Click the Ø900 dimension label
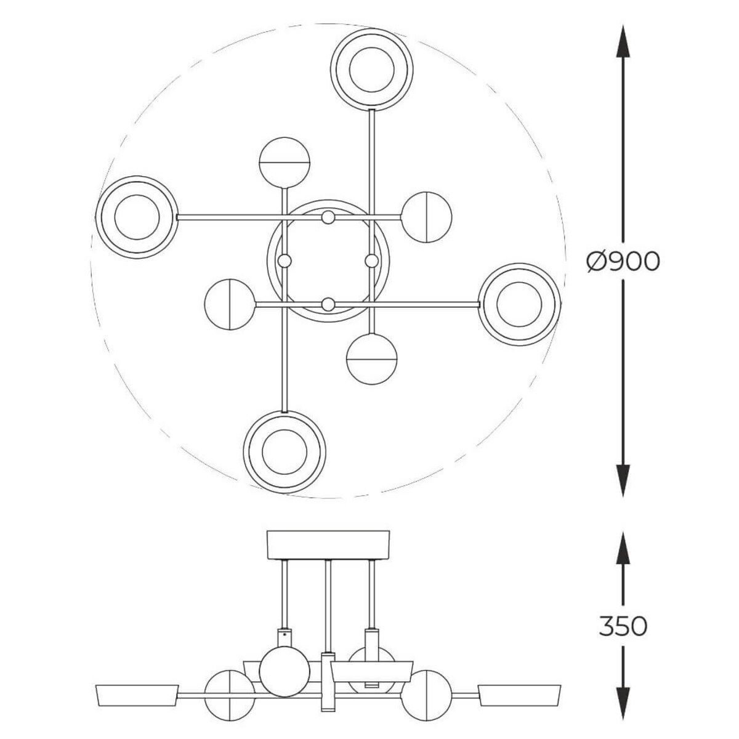click(624, 262)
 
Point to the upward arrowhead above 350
click(623, 549)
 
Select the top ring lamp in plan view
click(371, 70)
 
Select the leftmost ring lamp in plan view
click(137, 217)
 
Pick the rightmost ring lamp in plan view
click(520, 304)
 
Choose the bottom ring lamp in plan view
click(285, 452)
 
